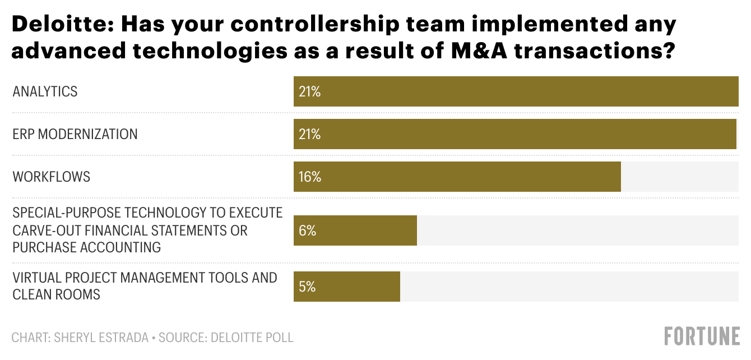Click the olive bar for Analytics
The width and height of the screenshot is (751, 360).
coord(516,91)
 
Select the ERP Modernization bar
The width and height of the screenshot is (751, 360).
coord(514,134)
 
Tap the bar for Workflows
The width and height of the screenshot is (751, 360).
coord(457,177)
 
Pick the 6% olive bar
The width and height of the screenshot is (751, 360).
coord(355,230)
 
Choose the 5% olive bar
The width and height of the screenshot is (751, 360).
coord(346,287)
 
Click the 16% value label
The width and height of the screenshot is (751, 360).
coord(310,177)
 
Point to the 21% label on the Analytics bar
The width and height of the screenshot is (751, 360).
coord(309,92)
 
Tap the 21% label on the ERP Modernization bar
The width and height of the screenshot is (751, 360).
coord(309,135)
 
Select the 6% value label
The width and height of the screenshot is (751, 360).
coord(307,231)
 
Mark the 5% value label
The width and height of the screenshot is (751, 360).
coord(307,287)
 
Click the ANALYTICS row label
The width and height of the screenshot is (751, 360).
coord(45,92)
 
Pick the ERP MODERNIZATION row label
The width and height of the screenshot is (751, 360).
coord(75,135)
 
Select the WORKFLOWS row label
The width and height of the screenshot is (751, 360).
coord(51,177)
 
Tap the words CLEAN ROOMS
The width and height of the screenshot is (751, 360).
coord(56,294)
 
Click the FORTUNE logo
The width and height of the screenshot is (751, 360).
coord(702,336)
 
